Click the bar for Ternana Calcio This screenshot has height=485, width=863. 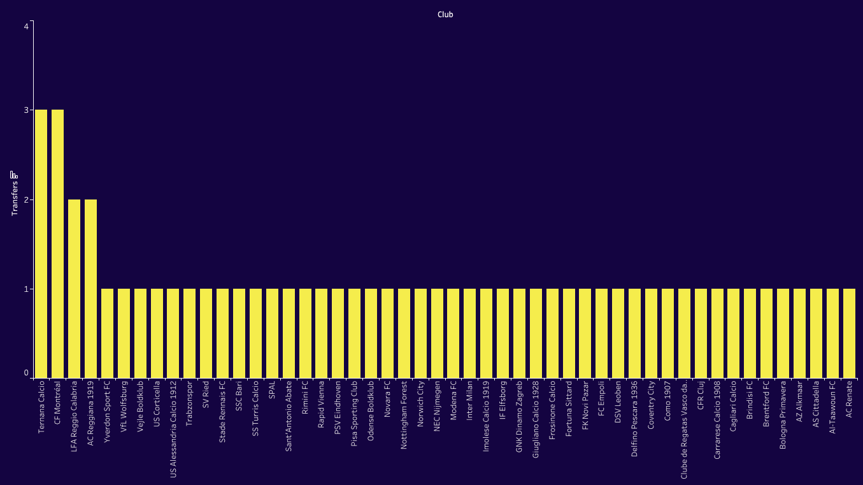coord(41,244)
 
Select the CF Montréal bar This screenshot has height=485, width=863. coord(57,244)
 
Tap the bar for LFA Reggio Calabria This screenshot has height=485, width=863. coord(74,289)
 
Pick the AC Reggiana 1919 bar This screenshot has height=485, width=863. coord(90,289)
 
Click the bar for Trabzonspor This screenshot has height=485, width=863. coord(189,333)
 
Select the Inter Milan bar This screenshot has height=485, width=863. coord(469,333)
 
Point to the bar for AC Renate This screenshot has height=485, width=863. coord(849,333)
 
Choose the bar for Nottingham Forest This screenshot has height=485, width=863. coord(404,333)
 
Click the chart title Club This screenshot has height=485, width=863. coord(445,14)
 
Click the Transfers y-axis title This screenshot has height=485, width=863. coord(14,198)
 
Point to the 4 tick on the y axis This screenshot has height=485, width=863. coord(26,26)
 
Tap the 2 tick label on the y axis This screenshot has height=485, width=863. coord(26,199)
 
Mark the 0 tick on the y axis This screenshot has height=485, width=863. coord(26,373)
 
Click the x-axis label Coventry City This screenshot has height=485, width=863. coord(651,405)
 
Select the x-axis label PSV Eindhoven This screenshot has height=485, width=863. coord(338,408)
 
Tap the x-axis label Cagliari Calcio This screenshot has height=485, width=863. coord(733,407)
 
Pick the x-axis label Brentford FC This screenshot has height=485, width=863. coord(766,404)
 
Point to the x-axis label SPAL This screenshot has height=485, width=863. coord(272,391)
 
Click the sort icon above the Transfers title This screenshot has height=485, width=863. coord(14,174)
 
